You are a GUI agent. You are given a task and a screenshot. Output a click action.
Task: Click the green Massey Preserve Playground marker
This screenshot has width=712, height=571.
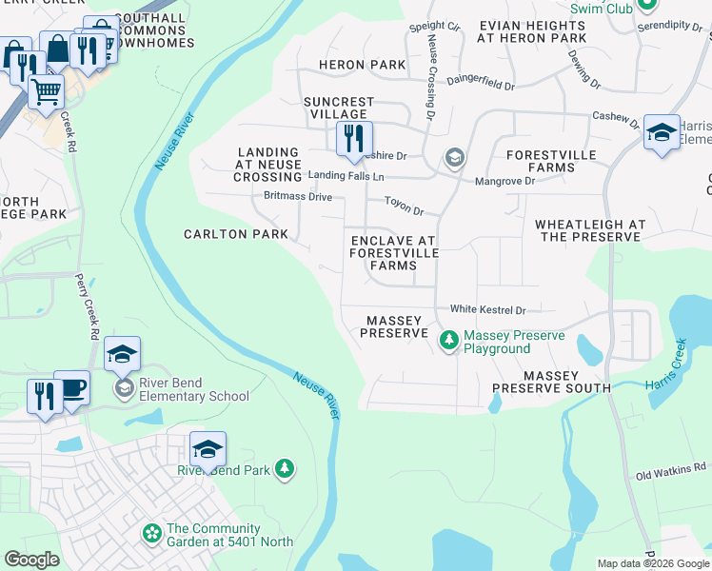point(448,339)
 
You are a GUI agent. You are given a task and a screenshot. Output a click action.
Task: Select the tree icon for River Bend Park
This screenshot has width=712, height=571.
point(284,468)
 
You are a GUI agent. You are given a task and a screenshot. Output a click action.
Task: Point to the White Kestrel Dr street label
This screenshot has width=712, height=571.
point(487,309)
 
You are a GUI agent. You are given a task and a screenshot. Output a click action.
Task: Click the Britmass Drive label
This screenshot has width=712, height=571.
point(298,196)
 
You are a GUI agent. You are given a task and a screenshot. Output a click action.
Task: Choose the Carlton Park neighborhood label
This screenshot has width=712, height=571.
point(235,233)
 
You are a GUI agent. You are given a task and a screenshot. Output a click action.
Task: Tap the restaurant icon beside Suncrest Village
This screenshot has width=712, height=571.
point(352,139)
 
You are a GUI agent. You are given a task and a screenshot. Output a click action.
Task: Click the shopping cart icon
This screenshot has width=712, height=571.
point(46,92)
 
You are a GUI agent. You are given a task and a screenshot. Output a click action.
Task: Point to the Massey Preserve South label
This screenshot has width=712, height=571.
point(552,382)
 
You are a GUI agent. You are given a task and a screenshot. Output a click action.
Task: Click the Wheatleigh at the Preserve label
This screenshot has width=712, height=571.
point(590,230)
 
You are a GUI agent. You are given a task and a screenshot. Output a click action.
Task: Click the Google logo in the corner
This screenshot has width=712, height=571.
point(32,560)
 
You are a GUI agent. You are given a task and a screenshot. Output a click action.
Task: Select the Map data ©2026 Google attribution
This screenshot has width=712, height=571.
point(652,563)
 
